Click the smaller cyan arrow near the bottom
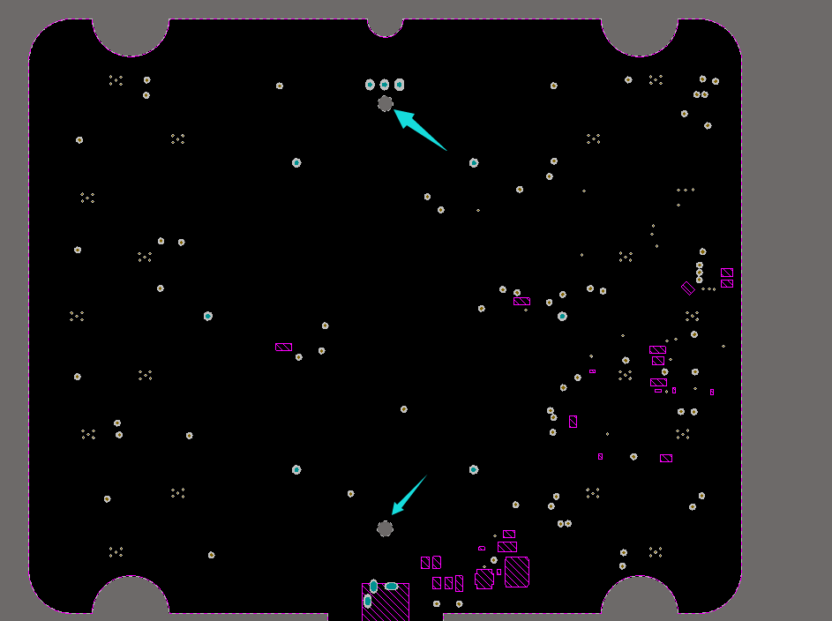tap(409, 495)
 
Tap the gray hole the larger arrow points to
tap(386, 104)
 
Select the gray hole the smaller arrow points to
tap(385, 528)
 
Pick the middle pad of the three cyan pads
tap(385, 85)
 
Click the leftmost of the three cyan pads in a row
tap(370, 85)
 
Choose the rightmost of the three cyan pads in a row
tap(400, 85)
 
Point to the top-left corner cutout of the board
tap(131, 34)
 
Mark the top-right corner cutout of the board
tap(640, 34)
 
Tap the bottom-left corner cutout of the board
tap(131, 598)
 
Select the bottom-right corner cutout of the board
tap(640, 598)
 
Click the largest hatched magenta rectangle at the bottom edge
tap(386, 602)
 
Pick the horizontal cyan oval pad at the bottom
tap(391, 586)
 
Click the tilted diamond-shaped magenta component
tap(688, 288)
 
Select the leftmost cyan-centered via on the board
tap(208, 316)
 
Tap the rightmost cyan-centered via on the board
tap(562, 316)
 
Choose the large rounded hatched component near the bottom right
tap(517, 572)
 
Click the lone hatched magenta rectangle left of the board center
tap(283, 347)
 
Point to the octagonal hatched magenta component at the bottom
tap(484, 579)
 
